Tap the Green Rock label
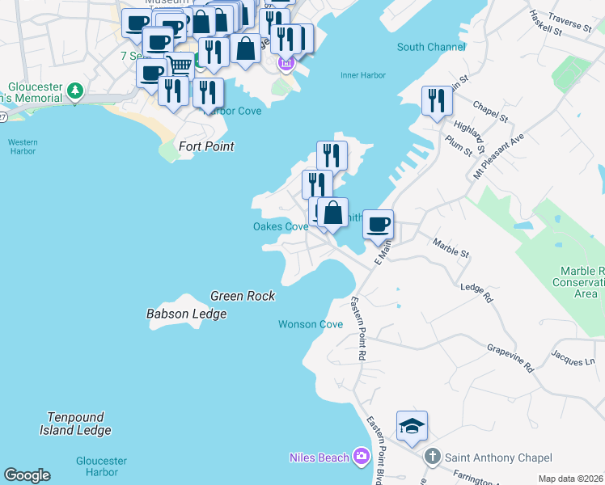pos(243,296)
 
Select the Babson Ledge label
pos(186,314)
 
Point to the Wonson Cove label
pos(311,324)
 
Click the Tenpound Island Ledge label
pos(75,424)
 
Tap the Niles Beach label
pos(319,458)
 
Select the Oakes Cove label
pos(281,227)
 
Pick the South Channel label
pos(431,47)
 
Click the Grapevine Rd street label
pos(510,357)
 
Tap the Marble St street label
pos(451,247)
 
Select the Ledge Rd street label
pos(476,292)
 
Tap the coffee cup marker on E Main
pos(378,224)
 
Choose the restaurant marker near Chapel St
pos(437,101)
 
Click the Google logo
pos(27,475)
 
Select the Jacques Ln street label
pos(572,356)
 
